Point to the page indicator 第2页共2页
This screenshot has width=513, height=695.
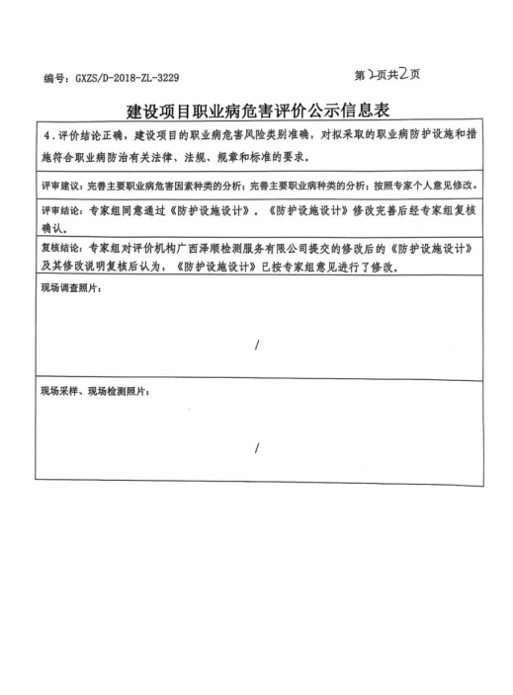[x=385, y=74]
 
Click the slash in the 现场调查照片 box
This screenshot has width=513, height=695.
[x=257, y=344]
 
